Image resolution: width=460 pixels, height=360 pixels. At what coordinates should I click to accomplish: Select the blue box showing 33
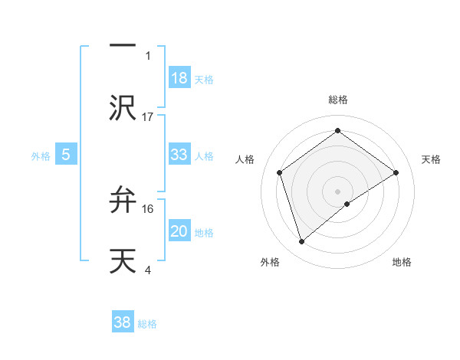179,155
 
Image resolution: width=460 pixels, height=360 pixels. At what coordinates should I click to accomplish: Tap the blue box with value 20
179,231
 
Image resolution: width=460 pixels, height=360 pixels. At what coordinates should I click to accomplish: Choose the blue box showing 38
123,322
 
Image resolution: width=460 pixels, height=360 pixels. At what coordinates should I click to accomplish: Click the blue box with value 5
66,155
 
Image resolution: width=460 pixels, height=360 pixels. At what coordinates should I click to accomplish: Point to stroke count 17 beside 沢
148,116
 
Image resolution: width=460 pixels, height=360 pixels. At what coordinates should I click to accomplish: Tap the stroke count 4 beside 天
148,269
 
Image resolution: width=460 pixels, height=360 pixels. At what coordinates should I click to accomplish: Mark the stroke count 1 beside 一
148,56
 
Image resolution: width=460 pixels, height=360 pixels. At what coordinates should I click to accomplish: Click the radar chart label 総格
338,100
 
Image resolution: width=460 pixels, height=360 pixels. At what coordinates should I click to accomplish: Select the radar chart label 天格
431,159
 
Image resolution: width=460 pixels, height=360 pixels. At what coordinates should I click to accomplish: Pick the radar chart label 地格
402,262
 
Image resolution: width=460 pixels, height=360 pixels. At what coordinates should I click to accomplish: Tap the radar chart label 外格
270,262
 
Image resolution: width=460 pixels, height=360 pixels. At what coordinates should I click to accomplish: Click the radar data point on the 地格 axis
347,204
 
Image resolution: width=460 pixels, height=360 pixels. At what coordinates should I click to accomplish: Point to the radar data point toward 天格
396,172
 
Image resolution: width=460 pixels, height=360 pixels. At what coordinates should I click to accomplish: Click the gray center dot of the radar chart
338,191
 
